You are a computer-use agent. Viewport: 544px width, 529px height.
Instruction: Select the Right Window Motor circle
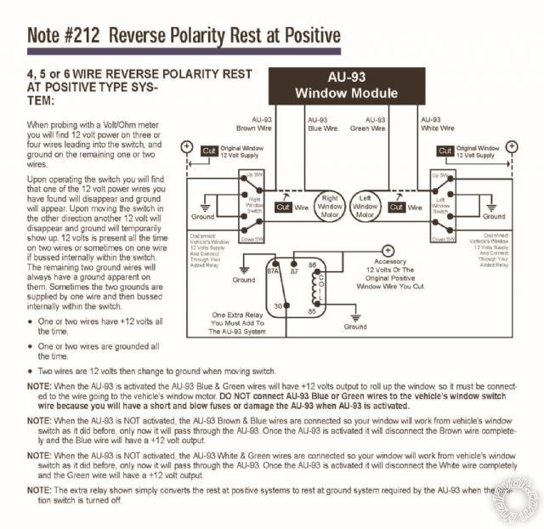point(330,206)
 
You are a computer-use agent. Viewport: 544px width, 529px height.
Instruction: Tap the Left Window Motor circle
point(365,206)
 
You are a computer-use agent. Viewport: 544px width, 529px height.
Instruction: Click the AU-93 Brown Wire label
point(252,124)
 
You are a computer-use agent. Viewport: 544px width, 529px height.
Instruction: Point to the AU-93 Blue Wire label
point(323,124)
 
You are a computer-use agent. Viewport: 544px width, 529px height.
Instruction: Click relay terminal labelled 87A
point(274,272)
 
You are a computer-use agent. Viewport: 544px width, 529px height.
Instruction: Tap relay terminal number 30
point(277,306)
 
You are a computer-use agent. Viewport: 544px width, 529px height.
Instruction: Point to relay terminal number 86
point(312,266)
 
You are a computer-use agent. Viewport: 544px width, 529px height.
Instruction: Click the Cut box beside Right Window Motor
point(285,207)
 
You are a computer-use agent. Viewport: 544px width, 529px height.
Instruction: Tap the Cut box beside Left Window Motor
point(396,207)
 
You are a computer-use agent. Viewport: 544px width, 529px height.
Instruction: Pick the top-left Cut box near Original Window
point(208,151)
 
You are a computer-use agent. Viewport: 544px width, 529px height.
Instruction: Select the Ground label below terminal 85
point(355,327)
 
